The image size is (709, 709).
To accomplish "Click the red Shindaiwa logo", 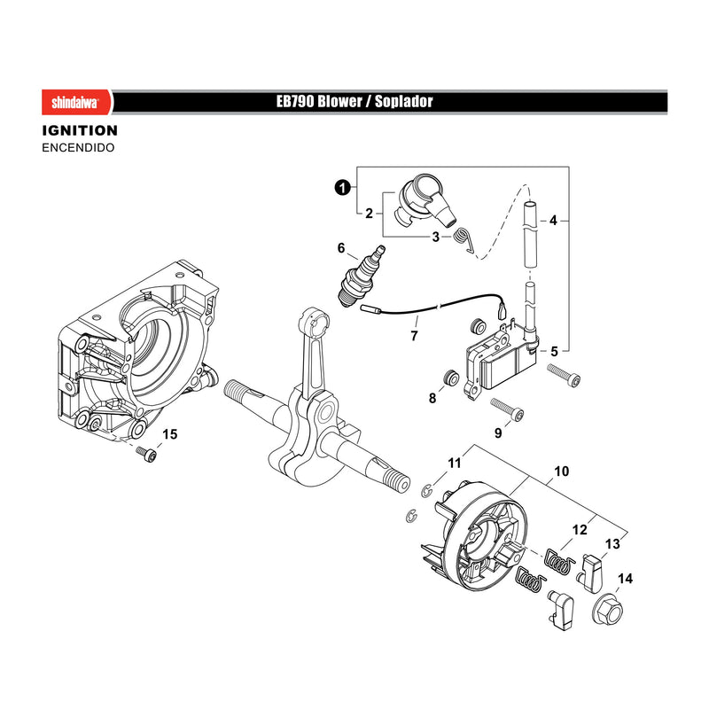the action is [77, 102].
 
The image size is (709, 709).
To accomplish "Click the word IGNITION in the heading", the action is [80, 130].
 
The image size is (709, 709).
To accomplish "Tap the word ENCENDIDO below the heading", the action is [78, 148].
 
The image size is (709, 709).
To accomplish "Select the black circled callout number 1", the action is [343, 187].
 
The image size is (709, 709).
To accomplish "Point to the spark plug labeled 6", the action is [362, 277].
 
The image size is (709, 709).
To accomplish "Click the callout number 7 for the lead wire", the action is [414, 336].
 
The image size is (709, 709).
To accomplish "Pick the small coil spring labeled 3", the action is [463, 240].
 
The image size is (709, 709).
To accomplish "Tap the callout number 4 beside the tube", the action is [553, 221].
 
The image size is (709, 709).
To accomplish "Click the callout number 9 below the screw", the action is [498, 433].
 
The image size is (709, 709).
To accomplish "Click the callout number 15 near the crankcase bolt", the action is [169, 434].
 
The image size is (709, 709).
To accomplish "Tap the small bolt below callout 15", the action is [146, 454].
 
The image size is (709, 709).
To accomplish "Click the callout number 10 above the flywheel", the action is [561, 471].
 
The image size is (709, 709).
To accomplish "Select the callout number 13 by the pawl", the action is [612, 544].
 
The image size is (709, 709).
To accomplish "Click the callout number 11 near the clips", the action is [454, 463].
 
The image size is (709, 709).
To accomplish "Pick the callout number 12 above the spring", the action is [580, 530].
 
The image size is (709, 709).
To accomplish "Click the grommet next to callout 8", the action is [450, 378].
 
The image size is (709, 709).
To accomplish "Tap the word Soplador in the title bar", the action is [404, 101].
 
